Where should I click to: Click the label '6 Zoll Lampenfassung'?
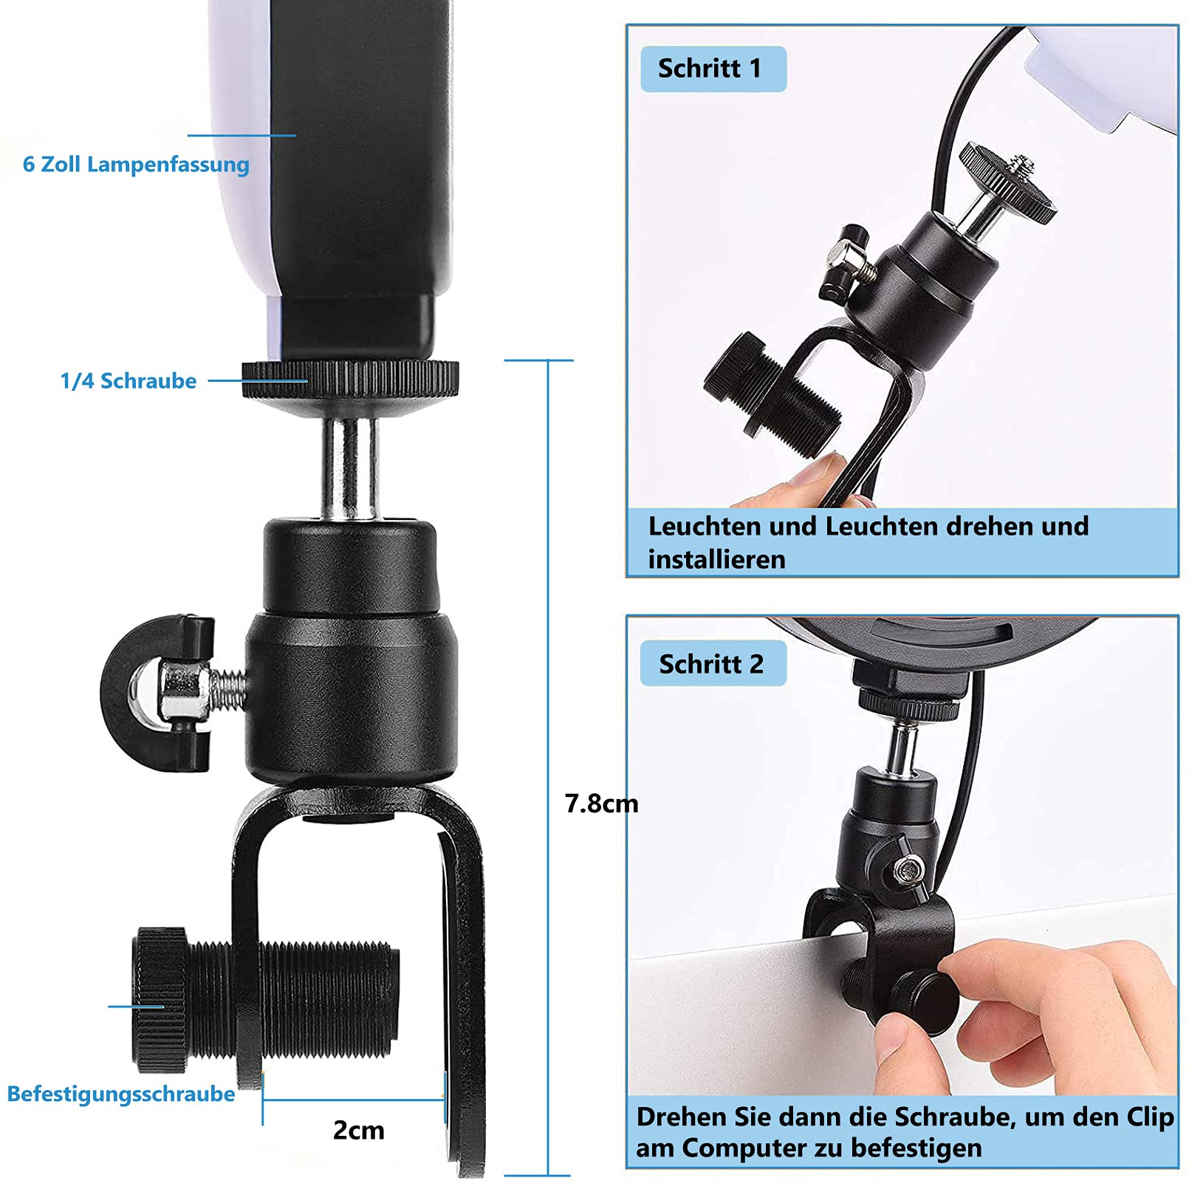[x=136, y=164]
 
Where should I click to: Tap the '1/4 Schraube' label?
[x=129, y=381]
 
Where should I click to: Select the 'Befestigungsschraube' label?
[x=121, y=1094]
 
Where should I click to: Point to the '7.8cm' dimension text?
[x=601, y=803]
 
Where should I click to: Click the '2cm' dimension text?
[x=358, y=1130]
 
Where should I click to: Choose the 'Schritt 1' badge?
[x=713, y=69]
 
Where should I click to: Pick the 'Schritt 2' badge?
[x=713, y=663]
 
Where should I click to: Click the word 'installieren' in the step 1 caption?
[x=716, y=559]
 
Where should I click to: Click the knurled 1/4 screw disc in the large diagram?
[x=350, y=380]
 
